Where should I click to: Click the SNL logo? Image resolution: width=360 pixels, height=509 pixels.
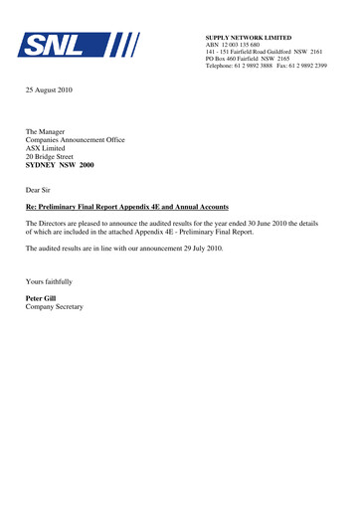[75, 45]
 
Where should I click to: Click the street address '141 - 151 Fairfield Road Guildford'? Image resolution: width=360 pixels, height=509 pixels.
[252, 53]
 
